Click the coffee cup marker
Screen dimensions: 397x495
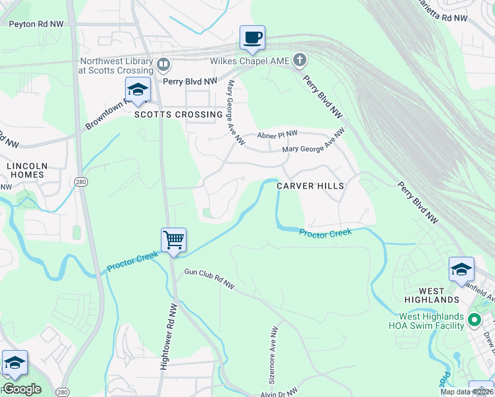(252, 38)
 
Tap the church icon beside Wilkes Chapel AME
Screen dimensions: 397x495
(300, 61)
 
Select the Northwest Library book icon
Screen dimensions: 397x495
(163, 65)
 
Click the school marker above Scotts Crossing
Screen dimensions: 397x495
(138, 91)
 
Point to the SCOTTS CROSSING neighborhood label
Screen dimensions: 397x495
(179, 114)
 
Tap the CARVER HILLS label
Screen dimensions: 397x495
(310, 186)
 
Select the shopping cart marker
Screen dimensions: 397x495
(173, 240)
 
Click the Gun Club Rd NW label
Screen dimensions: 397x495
(210, 279)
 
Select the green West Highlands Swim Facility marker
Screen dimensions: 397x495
(474, 320)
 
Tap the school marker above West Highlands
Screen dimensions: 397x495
(461, 269)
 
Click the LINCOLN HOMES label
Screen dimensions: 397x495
(26, 170)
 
